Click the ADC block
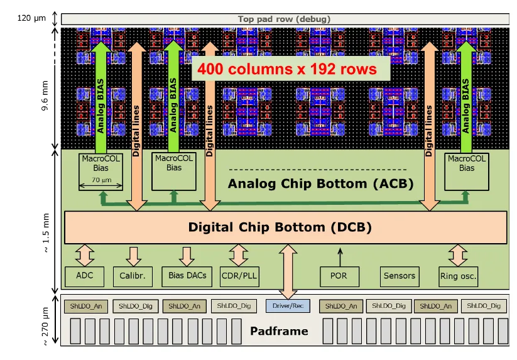click(84, 276)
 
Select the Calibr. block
click(133, 276)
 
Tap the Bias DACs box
click(187, 276)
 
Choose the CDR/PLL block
click(239, 276)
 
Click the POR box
click(339, 276)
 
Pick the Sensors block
click(400, 276)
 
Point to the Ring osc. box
click(459, 276)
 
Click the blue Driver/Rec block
click(288, 306)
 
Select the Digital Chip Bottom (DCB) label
click(280, 227)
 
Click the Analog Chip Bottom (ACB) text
click(320, 183)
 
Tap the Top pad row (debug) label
click(284, 19)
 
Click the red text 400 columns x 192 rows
click(287, 69)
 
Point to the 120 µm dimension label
click(31, 18)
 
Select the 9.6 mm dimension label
click(45, 95)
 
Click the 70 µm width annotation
click(101, 180)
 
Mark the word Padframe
click(280, 330)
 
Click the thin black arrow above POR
click(340, 258)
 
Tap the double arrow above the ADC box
click(85, 256)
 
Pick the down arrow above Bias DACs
click(187, 257)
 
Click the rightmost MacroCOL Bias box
click(467, 172)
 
